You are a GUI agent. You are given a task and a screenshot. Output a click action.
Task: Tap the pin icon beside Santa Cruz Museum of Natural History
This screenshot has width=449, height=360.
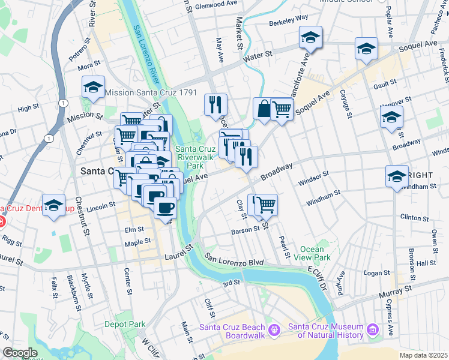(x=373, y=329)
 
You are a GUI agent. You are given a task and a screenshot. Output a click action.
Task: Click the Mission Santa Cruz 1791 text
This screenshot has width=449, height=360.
(x=151, y=92)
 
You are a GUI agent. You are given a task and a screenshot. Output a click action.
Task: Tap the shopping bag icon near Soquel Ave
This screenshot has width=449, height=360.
(x=263, y=109)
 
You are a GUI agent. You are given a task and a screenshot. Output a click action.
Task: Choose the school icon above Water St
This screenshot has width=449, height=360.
(x=310, y=38)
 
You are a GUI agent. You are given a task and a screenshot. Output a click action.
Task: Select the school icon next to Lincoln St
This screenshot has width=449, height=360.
(x=53, y=205)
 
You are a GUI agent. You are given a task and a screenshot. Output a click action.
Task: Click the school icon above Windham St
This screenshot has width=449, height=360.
(x=397, y=176)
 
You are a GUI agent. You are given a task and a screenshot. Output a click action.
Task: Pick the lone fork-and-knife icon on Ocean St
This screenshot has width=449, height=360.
(x=215, y=104)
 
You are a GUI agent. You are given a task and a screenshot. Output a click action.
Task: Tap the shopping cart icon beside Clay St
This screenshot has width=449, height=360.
(x=266, y=205)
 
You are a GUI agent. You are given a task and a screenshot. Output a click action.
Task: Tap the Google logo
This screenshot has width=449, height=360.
(x=20, y=353)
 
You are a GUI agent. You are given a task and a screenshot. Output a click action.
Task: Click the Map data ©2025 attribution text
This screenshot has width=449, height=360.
(x=423, y=355)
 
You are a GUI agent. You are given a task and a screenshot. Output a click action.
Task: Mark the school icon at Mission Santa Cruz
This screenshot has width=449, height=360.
(x=93, y=88)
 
